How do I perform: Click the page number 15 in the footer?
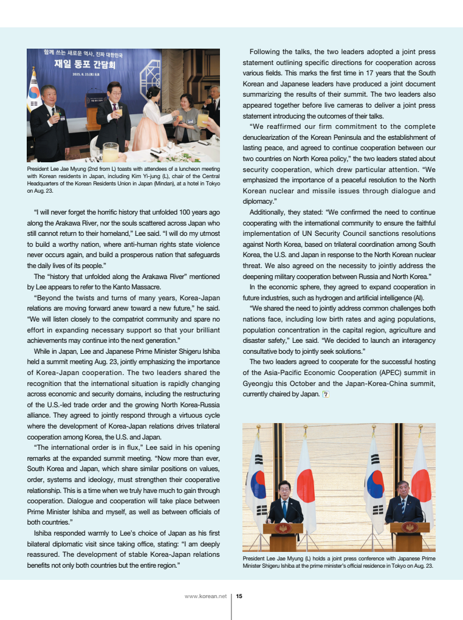click(x=239, y=596)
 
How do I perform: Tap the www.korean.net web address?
click(x=205, y=596)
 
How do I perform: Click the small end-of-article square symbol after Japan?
click(x=326, y=394)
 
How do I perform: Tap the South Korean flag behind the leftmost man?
click(x=33, y=91)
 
